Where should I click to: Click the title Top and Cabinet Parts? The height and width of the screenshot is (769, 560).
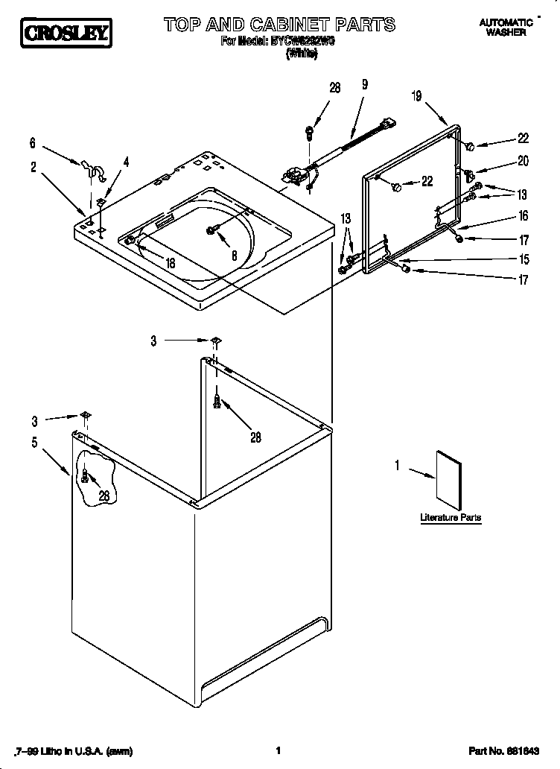click(279, 25)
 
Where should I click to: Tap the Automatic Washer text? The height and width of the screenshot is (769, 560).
click(506, 28)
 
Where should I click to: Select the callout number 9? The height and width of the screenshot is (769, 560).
click(365, 85)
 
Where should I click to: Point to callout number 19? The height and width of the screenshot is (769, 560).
click(416, 95)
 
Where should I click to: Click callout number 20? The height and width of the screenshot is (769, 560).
click(523, 160)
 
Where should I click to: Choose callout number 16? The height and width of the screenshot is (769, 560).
click(523, 216)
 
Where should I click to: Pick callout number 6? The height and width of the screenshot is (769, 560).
click(33, 142)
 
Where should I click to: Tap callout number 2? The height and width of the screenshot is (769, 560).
click(34, 168)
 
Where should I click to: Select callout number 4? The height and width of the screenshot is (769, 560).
click(126, 161)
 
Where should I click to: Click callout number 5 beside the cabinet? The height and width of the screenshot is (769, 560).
click(34, 443)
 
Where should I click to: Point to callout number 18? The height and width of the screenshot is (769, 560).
click(170, 263)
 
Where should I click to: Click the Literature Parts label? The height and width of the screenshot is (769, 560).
click(450, 517)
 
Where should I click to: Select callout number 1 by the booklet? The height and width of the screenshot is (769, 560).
click(397, 466)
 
